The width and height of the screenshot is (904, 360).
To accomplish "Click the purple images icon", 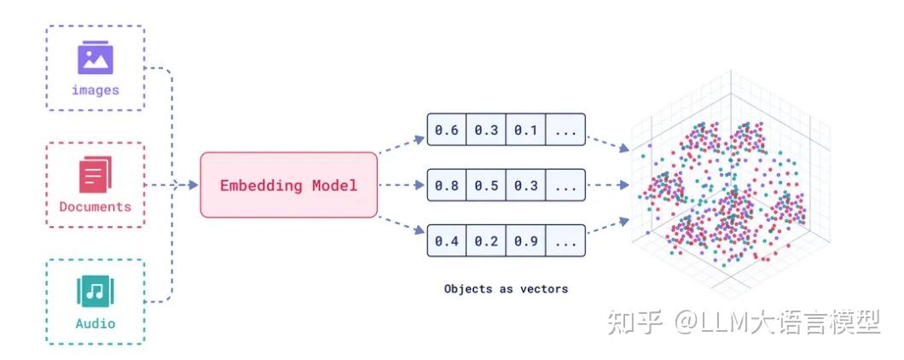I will pyautogui.click(x=95, y=57).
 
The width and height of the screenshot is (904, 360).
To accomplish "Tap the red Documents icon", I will pyautogui.click(x=95, y=175).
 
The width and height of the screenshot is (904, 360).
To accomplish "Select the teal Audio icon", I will pyautogui.click(x=95, y=292).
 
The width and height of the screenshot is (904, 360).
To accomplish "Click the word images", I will pyautogui.click(x=95, y=90).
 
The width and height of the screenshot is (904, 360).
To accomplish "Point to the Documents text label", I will pyautogui.click(x=95, y=206).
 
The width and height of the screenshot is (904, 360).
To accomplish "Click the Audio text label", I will pyautogui.click(x=95, y=323).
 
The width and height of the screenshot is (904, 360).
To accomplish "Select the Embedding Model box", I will pyautogui.click(x=288, y=184).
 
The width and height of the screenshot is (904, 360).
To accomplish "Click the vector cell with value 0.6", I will pyautogui.click(x=446, y=131).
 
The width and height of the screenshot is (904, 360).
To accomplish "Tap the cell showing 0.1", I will pyautogui.click(x=525, y=131).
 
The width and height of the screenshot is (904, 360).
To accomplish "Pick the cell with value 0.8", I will pyautogui.click(x=446, y=185).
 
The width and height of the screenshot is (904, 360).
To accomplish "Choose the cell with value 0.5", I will pyautogui.click(x=486, y=185).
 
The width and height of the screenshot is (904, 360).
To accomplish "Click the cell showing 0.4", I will pyautogui.click(x=446, y=241).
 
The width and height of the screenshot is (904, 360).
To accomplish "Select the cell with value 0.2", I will pyautogui.click(x=486, y=241).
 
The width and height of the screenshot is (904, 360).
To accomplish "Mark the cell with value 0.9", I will pyautogui.click(x=525, y=241).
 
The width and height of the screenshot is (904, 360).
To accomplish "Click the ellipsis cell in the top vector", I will pyautogui.click(x=565, y=131).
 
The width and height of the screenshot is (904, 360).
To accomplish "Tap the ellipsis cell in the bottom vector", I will pyautogui.click(x=565, y=241).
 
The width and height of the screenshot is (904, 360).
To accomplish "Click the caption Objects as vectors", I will pyautogui.click(x=506, y=288).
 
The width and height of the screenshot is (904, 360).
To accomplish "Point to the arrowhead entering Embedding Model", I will pyautogui.click(x=194, y=184).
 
